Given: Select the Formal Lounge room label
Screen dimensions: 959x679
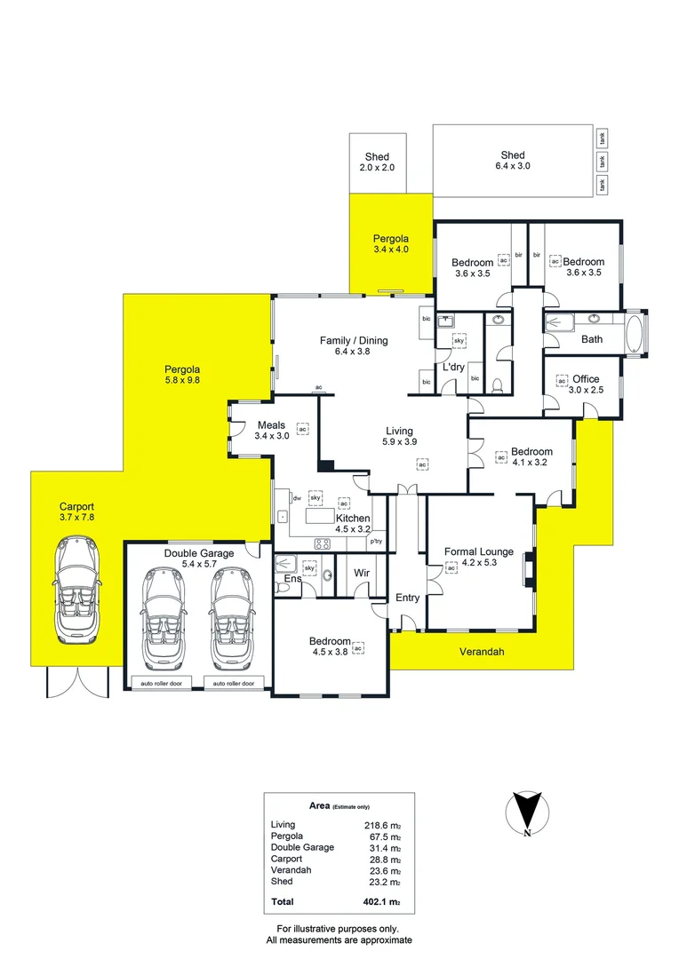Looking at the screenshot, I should pos(478,551).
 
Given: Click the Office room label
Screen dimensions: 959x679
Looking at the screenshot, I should pos(586,379).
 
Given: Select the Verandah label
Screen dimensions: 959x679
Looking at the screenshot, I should pos(482,652).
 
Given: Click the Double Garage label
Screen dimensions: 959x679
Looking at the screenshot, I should pos(199,553).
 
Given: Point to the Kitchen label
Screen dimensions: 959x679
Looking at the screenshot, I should pos(352,518).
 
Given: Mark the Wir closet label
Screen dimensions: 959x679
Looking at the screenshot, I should pos(362,574).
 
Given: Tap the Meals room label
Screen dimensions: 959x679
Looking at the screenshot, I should pos(271,425).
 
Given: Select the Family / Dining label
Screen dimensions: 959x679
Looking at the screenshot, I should pos(354,340).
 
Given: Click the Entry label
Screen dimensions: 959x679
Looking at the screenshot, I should pos(407,598).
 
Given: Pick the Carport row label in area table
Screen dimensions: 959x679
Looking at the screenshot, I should pos(286,860).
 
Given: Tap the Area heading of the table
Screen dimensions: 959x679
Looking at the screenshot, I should pos(320,806).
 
